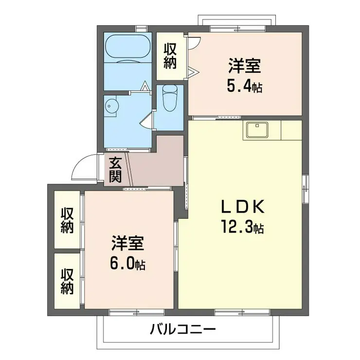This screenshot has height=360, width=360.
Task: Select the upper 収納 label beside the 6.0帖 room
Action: (x=67, y=220)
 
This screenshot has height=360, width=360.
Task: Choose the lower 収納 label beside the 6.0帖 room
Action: (x=67, y=281)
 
